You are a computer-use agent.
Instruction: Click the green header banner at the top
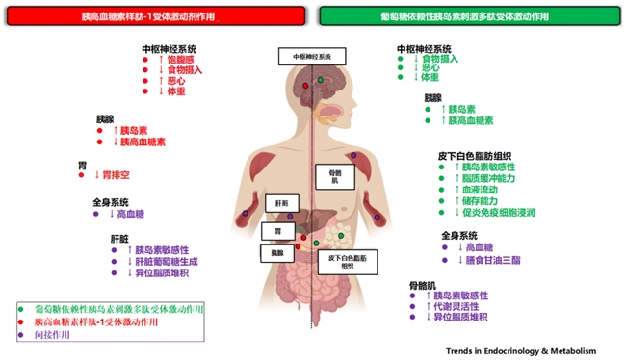point(468,17)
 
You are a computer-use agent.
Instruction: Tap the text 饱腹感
point(181,59)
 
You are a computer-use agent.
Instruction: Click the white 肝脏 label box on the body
point(281,204)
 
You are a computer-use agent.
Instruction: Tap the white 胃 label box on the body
point(276,232)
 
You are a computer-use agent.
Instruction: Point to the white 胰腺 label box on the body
point(277,252)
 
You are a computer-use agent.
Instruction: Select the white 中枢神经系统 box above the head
point(311,57)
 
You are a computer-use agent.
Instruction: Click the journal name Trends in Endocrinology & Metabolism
point(528,350)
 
